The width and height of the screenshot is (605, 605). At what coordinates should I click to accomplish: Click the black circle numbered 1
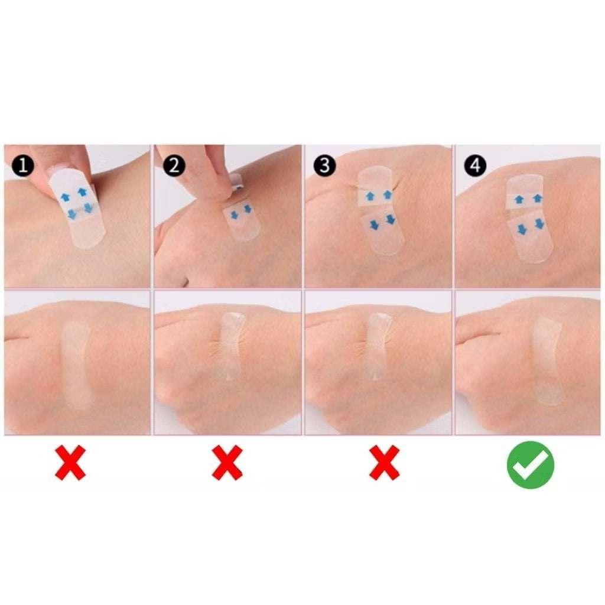click(x=23, y=167)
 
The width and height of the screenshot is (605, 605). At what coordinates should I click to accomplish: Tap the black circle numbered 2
click(x=174, y=167)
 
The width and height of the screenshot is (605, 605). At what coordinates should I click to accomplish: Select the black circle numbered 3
click(x=324, y=167)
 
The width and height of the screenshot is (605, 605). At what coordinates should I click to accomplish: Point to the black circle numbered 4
click(x=475, y=167)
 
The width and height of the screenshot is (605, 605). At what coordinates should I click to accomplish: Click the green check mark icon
click(x=530, y=464)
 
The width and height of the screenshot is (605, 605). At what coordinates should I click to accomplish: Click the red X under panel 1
click(x=70, y=463)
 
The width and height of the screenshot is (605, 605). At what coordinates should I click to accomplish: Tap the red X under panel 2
click(x=227, y=463)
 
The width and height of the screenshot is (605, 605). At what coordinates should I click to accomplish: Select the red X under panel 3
click(x=384, y=463)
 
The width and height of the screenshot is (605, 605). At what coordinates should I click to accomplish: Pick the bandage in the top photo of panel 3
click(x=381, y=210)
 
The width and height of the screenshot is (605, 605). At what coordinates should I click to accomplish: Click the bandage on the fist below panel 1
click(x=77, y=363)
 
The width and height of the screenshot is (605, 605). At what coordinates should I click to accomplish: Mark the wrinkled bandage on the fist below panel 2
click(x=230, y=346)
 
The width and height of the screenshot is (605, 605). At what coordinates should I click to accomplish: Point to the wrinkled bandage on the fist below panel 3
click(x=378, y=346)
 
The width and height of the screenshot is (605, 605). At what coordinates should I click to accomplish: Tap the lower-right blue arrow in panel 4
click(x=539, y=224)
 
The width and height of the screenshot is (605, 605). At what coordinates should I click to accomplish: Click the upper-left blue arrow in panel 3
click(x=370, y=196)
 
